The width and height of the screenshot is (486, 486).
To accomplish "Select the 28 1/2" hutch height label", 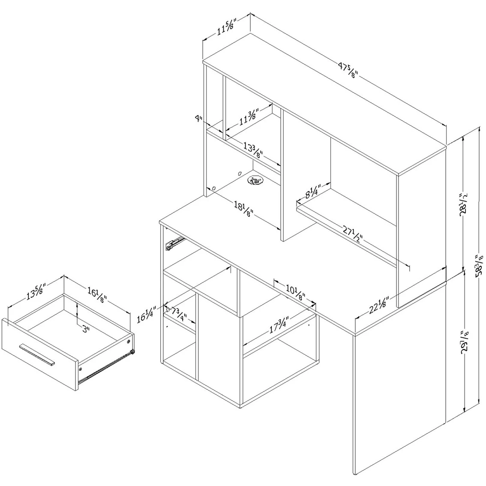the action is tap(463, 204).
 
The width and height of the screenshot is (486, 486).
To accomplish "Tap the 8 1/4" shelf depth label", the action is tap(314, 191).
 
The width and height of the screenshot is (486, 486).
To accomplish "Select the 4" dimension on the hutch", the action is tap(198, 118).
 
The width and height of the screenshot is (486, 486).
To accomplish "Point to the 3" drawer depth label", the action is tap(86, 329).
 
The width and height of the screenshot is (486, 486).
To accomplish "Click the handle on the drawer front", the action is tap(37, 354).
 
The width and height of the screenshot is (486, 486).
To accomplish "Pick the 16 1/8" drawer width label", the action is tap(97, 295).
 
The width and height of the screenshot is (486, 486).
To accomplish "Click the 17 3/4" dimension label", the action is tap(279, 324).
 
